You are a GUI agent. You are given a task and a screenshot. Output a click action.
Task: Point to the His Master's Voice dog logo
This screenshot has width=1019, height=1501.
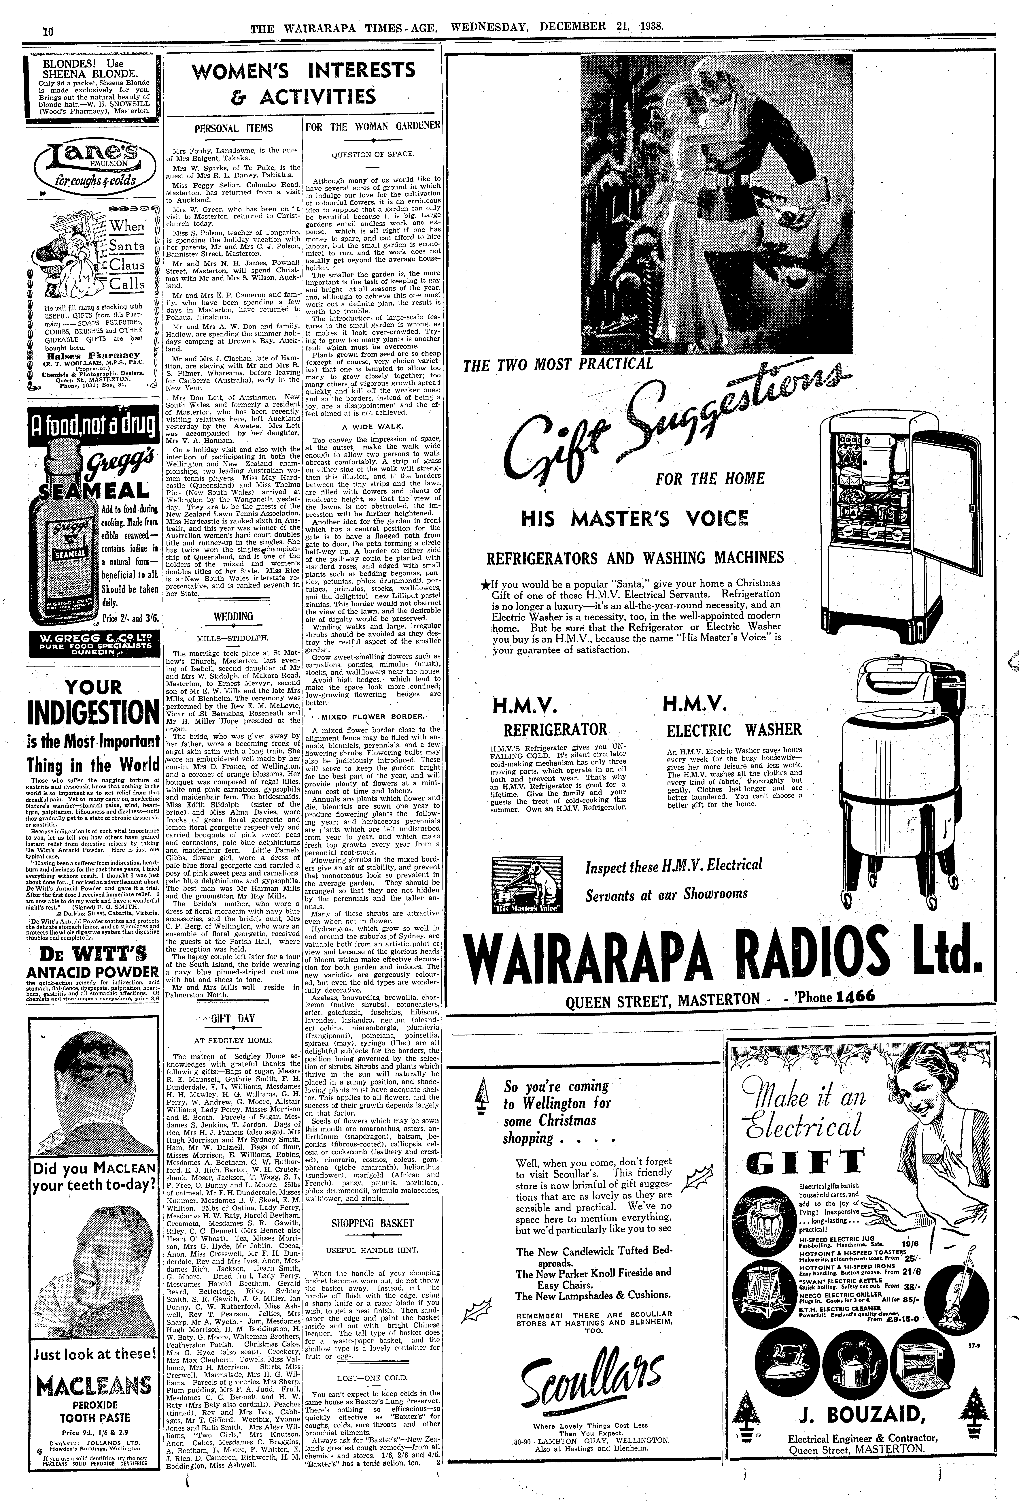tap(526, 885)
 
